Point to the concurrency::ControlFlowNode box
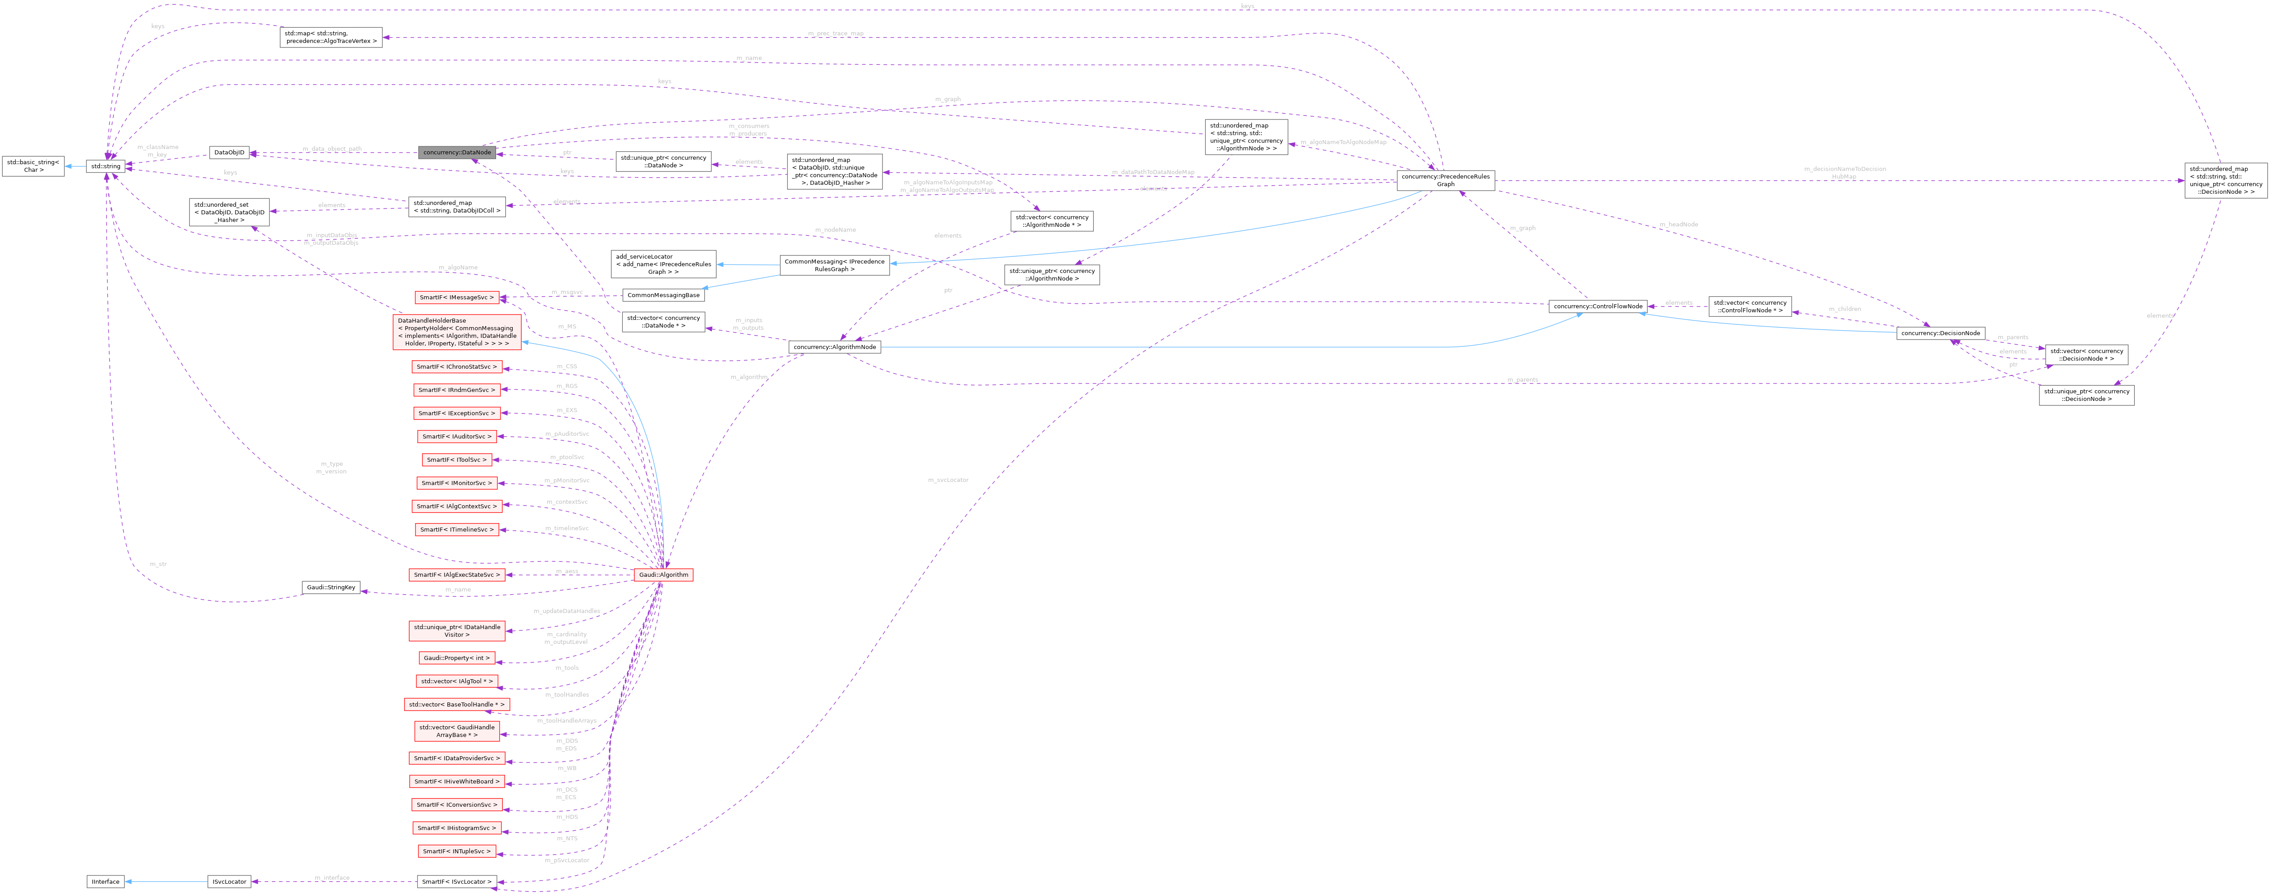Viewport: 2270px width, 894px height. [1598, 307]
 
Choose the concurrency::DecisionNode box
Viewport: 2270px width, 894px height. [1940, 333]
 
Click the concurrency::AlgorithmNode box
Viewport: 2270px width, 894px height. [835, 347]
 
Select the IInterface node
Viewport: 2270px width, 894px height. [105, 881]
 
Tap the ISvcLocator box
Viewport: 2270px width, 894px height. [228, 881]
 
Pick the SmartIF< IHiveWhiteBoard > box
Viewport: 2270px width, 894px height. [457, 781]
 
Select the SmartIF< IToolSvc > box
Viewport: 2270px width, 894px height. [457, 460]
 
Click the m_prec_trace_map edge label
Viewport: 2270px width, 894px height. [835, 34]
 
